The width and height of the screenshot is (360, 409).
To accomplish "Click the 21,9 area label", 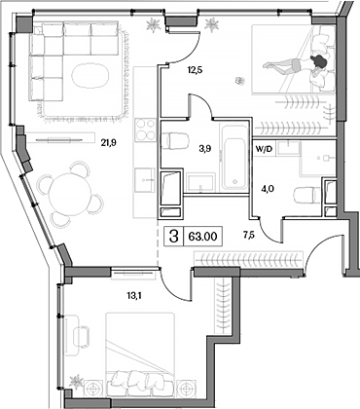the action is point(109,142).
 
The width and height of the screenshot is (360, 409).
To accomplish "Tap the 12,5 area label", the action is point(195,69).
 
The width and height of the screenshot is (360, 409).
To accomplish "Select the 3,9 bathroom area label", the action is point(205,149).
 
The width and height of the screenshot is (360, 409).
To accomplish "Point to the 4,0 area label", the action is point(268,188).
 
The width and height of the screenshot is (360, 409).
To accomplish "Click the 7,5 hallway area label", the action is point(249,235).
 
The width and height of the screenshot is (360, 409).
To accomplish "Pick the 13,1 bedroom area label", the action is point(133,295).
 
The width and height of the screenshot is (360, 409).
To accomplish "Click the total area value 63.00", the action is point(202,237).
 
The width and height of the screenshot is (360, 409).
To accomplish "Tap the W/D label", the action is point(264,150).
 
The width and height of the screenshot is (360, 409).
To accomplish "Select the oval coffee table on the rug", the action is point(90,75).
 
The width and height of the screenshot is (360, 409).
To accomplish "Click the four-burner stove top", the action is point(146,130).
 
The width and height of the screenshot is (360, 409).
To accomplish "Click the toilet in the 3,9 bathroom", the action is point(175,141).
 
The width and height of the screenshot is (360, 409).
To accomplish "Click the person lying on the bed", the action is point(296,63).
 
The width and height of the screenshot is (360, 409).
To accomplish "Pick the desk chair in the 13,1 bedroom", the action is point(82,336).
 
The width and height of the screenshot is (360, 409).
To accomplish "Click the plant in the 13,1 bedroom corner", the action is point(77,381).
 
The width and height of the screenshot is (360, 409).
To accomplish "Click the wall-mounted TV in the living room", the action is point(59,140).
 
